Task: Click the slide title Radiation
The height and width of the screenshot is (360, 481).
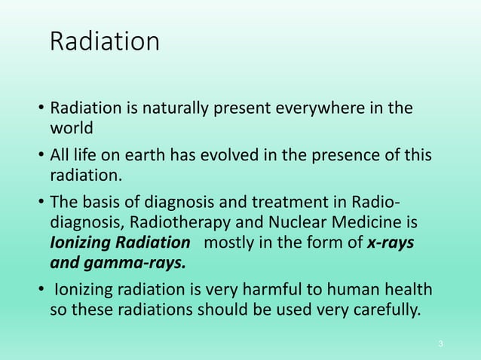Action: [x=104, y=41]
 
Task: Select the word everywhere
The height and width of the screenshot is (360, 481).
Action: [x=335, y=108]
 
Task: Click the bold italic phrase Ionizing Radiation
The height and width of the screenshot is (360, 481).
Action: [x=120, y=243]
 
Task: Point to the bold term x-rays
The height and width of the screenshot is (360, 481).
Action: [x=392, y=243]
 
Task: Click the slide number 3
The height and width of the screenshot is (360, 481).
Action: [x=440, y=344]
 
